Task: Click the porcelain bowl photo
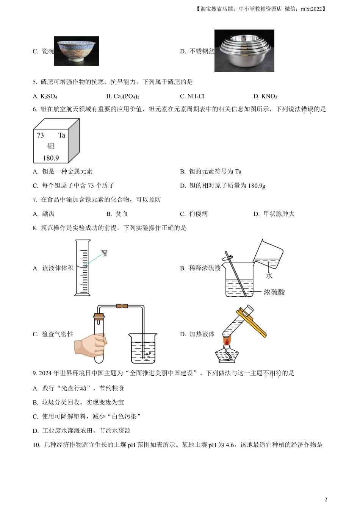coord(77,51)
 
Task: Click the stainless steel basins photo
coord(244,51)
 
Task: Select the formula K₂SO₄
coord(45,96)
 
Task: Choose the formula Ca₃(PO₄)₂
coord(122,96)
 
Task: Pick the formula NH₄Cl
coord(192,96)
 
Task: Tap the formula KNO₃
coord(265,96)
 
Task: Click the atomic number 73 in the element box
coord(40,136)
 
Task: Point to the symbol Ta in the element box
coord(62,136)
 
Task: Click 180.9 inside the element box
coord(51,158)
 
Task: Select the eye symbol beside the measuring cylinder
coord(104,253)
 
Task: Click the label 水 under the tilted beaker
coord(269,276)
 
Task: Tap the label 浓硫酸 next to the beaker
coord(274,292)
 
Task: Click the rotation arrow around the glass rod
coord(227,258)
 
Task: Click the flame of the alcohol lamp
coord(227,341)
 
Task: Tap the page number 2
coord(326,500)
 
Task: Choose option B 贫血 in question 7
coord(117,214)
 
